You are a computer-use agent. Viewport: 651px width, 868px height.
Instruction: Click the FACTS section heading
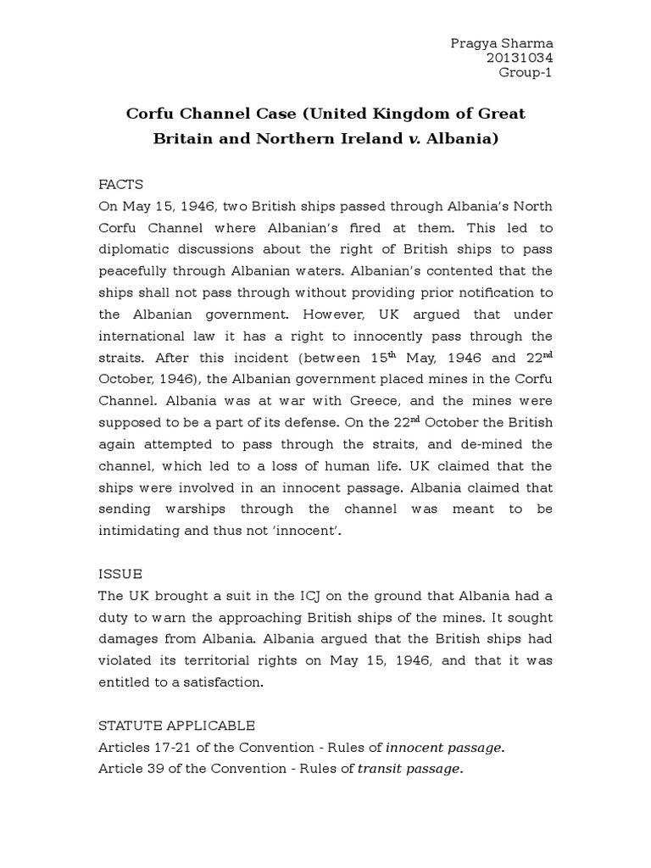click(121, 184)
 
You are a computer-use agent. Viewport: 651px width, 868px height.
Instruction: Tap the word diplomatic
click(135, 250)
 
